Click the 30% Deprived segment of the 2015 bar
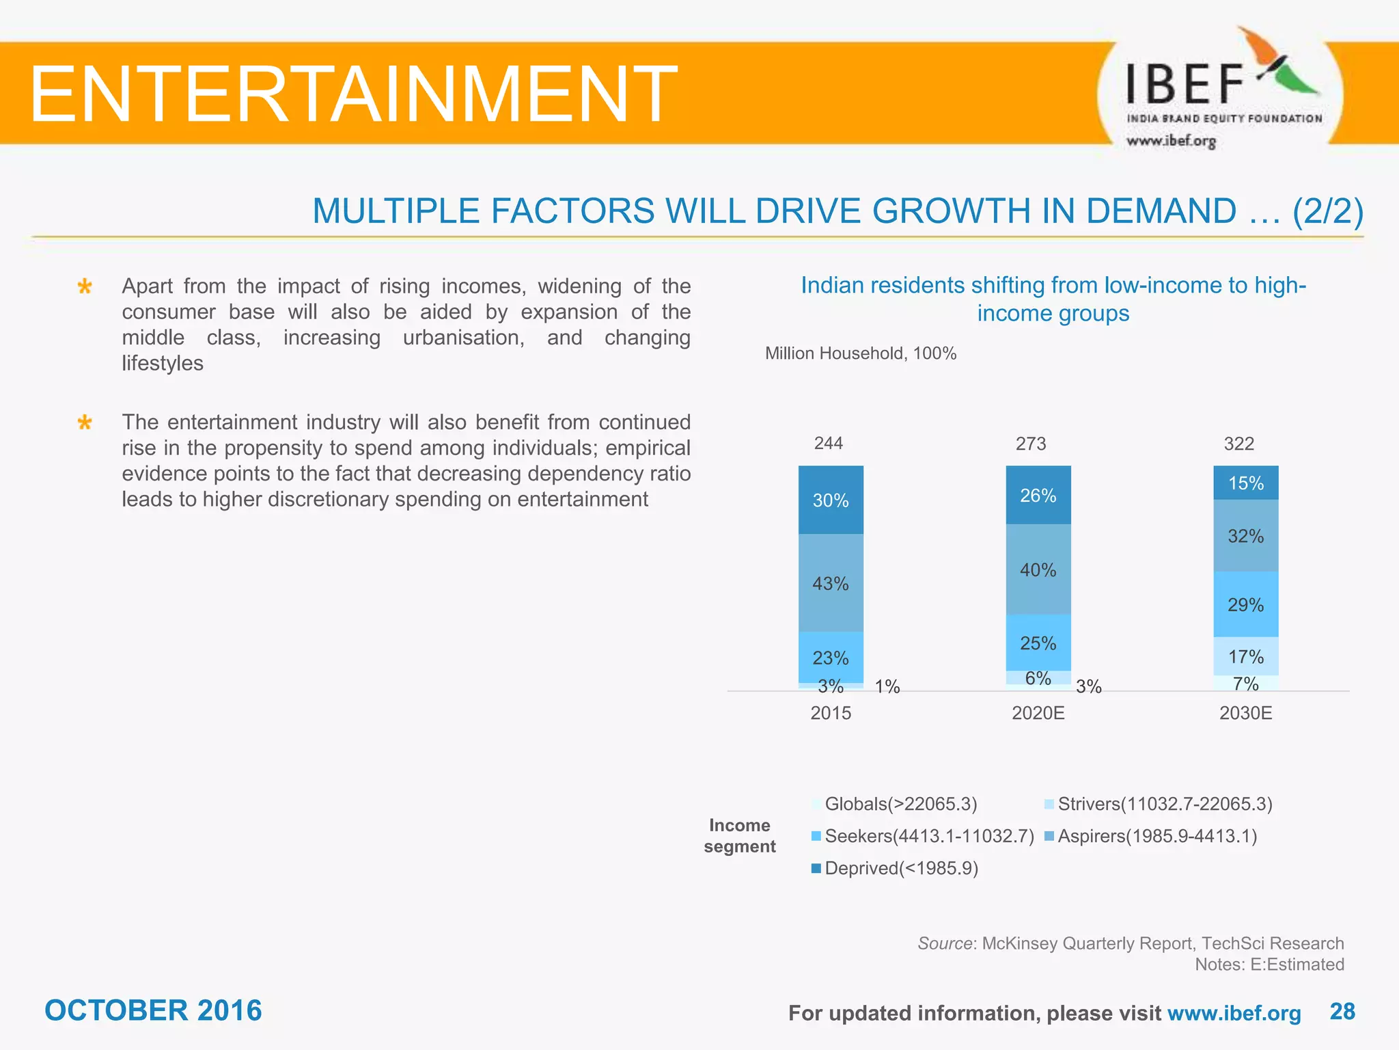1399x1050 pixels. (831, 500)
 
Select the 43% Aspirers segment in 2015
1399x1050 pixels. (831, 583)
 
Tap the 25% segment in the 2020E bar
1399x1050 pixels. (1038, 643)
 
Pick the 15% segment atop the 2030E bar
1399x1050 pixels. (1245, 483)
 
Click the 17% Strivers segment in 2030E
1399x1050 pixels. (1245, 656)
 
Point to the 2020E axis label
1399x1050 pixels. (1038, 713)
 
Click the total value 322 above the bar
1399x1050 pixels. (1238, 444)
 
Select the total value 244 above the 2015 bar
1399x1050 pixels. (828, 443)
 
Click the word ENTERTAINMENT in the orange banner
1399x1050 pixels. (352, 94)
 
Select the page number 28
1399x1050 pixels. (1342, 1011)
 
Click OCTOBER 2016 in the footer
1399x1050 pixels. (153, 1010)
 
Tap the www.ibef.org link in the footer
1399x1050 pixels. (1234, 1013)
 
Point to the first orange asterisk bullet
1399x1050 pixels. (85, 286)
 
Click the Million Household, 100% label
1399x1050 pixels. (860, 353)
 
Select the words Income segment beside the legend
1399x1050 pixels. (740, 835)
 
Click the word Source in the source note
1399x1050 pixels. (944, 943)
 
